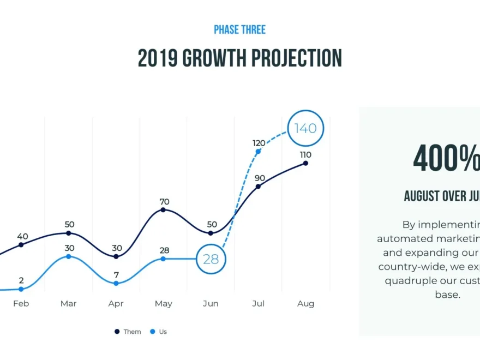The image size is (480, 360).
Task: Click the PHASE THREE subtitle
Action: (239, 29)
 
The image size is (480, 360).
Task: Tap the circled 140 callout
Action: (305, 129)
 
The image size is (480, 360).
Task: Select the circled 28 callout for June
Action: (211, 259)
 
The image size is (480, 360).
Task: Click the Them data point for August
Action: (305, 163)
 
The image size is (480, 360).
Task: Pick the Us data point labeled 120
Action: (258, 151)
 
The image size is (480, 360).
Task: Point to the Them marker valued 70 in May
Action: (164, 210)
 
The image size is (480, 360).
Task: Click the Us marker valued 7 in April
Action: (116, 283)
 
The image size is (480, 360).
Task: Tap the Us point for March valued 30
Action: (69, 256)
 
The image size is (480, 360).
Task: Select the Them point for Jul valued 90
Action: (258, 186)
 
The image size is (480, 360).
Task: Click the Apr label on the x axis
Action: (116, 304)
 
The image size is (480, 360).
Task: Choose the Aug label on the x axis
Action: (305, 304)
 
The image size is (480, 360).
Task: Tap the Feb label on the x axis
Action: (21, 304)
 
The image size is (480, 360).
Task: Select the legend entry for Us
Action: (159, 332)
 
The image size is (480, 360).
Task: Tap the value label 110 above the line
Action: (305, 155)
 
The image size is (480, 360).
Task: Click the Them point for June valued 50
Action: (211, 233)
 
